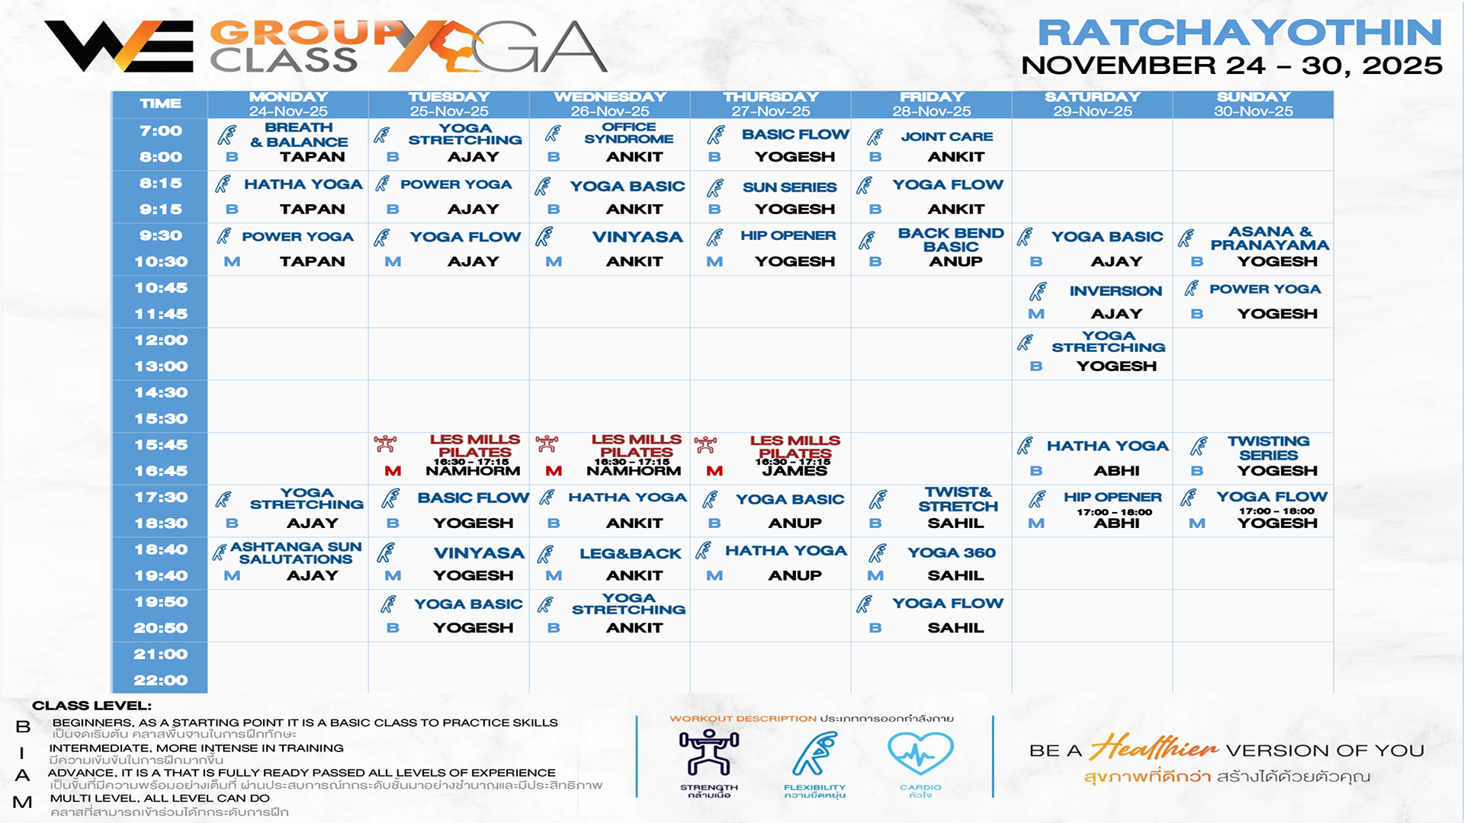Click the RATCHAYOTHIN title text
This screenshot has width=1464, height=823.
coord(1239,33)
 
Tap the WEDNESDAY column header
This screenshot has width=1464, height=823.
coord(610,98)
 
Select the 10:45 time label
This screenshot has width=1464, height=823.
coord(161,288)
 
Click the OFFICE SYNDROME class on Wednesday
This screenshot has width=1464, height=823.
coord(628,133)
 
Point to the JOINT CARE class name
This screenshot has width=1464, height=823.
coord(946,136)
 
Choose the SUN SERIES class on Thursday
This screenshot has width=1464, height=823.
coord(789,187)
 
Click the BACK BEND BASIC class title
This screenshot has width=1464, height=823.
coord(951,239)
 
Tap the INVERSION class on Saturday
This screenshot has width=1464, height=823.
coord(1116,291)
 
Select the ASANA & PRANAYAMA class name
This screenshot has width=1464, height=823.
coord(1270,238)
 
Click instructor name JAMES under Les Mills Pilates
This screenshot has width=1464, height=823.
coord(795,471)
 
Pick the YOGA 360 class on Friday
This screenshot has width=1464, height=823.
coord(951,552)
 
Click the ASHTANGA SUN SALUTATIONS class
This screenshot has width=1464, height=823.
coord(296,552)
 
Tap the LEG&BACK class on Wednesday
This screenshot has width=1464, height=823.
coord(630,554)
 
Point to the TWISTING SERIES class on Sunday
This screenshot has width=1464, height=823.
coord(1268,448)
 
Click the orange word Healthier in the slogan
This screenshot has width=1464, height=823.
coord(1153,748)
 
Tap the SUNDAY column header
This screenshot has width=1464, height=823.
coord(1253,98)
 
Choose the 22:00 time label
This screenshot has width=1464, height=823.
coord(161,680)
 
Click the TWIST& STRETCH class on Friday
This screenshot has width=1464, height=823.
coord(958,499)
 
